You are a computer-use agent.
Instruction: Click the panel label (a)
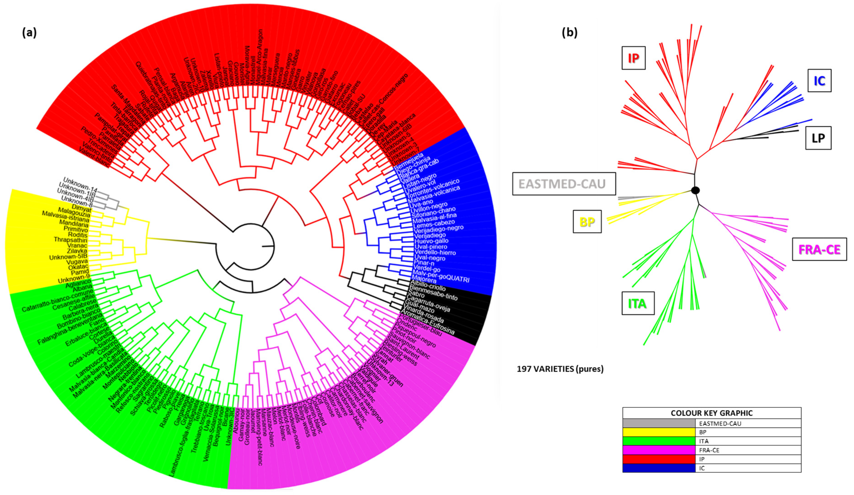pos(29,33)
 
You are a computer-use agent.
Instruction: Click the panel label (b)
pos(569,33)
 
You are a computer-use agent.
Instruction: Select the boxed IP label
pos(633,58)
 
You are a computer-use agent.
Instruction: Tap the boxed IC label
pos(819,80)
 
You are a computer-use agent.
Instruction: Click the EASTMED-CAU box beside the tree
pos(563,184)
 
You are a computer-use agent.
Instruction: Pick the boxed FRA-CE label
pos(819,249)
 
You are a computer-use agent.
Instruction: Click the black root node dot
pos(695,190)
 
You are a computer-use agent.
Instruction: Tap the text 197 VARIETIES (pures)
pos(560,369)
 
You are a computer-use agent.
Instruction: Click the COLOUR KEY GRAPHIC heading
pos(711,413)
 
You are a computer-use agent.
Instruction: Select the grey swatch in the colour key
pos(658,423)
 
